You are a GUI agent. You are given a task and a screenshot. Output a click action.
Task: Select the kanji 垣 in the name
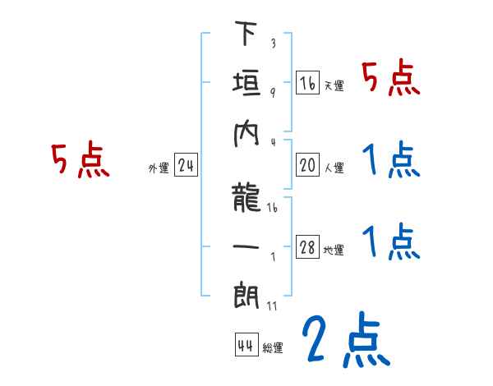coord(246,84)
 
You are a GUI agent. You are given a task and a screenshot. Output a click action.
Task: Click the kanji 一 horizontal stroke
coord(246,246)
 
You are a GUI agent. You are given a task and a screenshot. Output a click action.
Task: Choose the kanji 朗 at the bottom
coord(246,295)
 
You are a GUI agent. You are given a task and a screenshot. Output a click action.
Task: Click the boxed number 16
coord(308,83)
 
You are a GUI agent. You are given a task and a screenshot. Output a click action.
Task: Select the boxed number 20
coord(308,165)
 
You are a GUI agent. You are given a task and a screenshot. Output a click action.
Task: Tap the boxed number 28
coord(308,247)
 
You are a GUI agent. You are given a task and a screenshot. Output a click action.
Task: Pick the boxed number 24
coord(186,166)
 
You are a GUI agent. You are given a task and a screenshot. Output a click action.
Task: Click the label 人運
coord(334,168)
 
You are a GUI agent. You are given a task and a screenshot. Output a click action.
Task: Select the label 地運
coord(334,250)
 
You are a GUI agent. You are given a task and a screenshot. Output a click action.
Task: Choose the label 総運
coord(273,348)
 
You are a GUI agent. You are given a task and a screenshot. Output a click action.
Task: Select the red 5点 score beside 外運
coord(81,161)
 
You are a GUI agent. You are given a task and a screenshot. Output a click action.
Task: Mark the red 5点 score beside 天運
coord(391,80)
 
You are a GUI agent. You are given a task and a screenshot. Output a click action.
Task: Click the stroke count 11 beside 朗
coord(272,307)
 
